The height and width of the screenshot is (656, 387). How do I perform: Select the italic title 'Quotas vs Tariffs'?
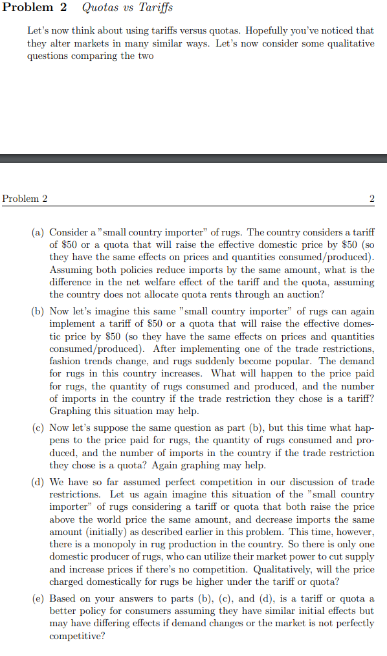point(127,8)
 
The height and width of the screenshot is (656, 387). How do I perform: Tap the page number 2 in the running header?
point(371,199)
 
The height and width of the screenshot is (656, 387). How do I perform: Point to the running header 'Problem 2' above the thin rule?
point(25,199)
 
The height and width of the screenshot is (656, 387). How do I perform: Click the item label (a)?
point(38,232)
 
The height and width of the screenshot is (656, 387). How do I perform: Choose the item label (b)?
point(38,312)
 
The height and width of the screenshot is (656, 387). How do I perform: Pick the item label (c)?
point(38,428)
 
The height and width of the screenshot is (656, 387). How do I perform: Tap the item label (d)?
point(38,483)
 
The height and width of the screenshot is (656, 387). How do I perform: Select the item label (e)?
point(38,599)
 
